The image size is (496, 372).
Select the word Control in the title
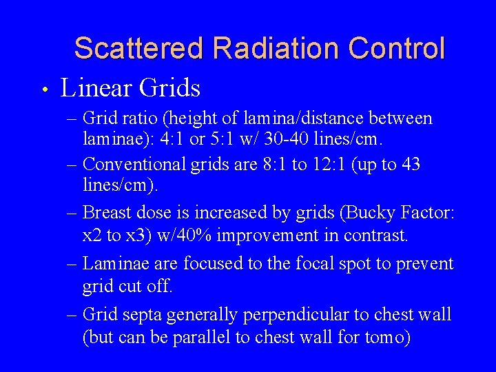[397, 49]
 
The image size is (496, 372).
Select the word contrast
[379, 236]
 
